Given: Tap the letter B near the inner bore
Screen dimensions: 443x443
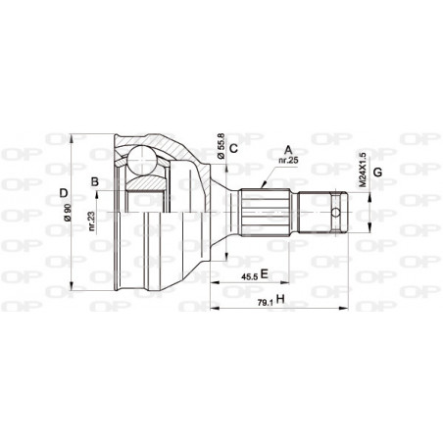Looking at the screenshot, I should [x=95, y=180].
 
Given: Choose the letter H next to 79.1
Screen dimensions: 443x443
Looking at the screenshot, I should [x=280, y=299].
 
